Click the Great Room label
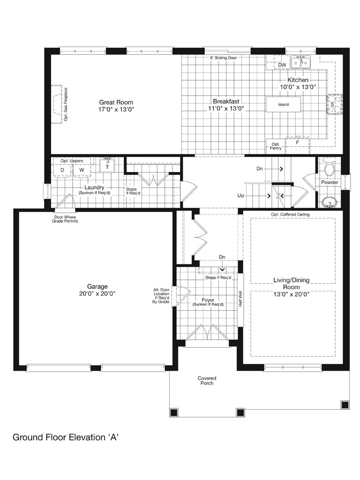pos(116,103)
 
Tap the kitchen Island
pos(283,105)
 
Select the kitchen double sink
pos(300,62)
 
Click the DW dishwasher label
pos(282,65)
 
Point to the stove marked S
pos(334,105)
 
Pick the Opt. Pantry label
pos(276,146)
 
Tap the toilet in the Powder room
pos(330,167)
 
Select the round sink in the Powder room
pos(330,202)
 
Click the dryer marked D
pos(62,170)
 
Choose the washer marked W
pos(82,170)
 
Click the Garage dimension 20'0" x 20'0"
pos(97,294)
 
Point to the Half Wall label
pos(240,299)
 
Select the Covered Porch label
pos(207,381)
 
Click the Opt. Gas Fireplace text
pos(66,105)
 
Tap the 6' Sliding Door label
pos(223,58)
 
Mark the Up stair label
pos(240,195)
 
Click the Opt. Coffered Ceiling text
pos(290,214)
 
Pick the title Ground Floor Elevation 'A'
pos(66,437)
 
